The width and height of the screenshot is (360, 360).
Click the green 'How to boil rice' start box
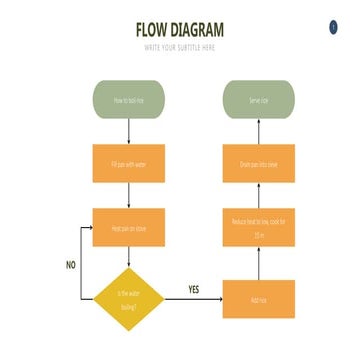pos(129,100)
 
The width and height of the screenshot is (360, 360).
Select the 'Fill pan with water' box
pos(129,163)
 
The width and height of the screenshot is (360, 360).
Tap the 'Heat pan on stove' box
pos(129,228)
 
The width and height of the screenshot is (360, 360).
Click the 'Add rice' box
pos(259,299)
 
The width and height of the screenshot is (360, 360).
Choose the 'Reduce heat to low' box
pos(259,228)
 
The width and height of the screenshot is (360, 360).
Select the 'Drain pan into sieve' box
pos(259,163)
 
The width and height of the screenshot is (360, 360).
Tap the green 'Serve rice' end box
pos(259,100)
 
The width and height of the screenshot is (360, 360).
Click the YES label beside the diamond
pos(194,289)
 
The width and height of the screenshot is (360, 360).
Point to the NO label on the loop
pos(70,265)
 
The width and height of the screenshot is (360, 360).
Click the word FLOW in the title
pos(155,30)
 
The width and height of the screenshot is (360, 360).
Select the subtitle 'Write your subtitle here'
pos(180,47)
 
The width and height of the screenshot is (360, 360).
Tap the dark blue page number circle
pos(333,27)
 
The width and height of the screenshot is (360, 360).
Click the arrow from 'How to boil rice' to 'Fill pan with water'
pos(129,131)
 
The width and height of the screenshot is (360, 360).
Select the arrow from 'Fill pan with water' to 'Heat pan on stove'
pos(129,196)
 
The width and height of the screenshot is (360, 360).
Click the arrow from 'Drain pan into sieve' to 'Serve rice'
pos(259,131)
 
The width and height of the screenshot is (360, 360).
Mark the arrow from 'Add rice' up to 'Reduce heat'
pos(259,264)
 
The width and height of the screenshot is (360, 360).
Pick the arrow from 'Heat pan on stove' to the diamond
pos(129,257)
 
